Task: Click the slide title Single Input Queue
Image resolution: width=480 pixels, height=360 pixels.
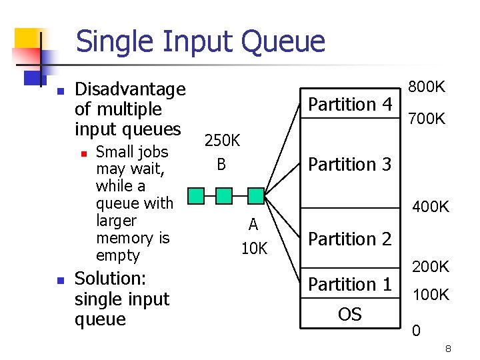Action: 200,42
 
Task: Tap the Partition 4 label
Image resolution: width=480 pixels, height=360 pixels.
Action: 350,105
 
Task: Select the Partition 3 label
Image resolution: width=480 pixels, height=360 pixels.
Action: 350,164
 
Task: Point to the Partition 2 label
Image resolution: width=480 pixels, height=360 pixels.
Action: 350,239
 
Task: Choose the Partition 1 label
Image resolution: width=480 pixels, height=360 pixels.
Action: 350,285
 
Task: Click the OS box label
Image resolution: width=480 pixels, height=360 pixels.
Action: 349,313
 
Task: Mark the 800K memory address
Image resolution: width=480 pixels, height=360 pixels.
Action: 427,87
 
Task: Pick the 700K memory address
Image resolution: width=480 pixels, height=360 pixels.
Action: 427,120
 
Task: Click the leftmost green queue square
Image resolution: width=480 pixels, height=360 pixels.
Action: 195,195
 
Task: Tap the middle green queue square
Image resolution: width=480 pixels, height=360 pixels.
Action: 224,195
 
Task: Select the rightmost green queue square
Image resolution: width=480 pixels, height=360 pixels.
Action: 255,195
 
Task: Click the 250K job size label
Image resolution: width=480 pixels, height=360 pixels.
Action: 222,141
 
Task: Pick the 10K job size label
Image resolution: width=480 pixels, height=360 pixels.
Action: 254,249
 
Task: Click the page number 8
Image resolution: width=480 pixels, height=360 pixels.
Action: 449,349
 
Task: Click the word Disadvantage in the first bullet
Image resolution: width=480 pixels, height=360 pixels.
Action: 130,89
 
